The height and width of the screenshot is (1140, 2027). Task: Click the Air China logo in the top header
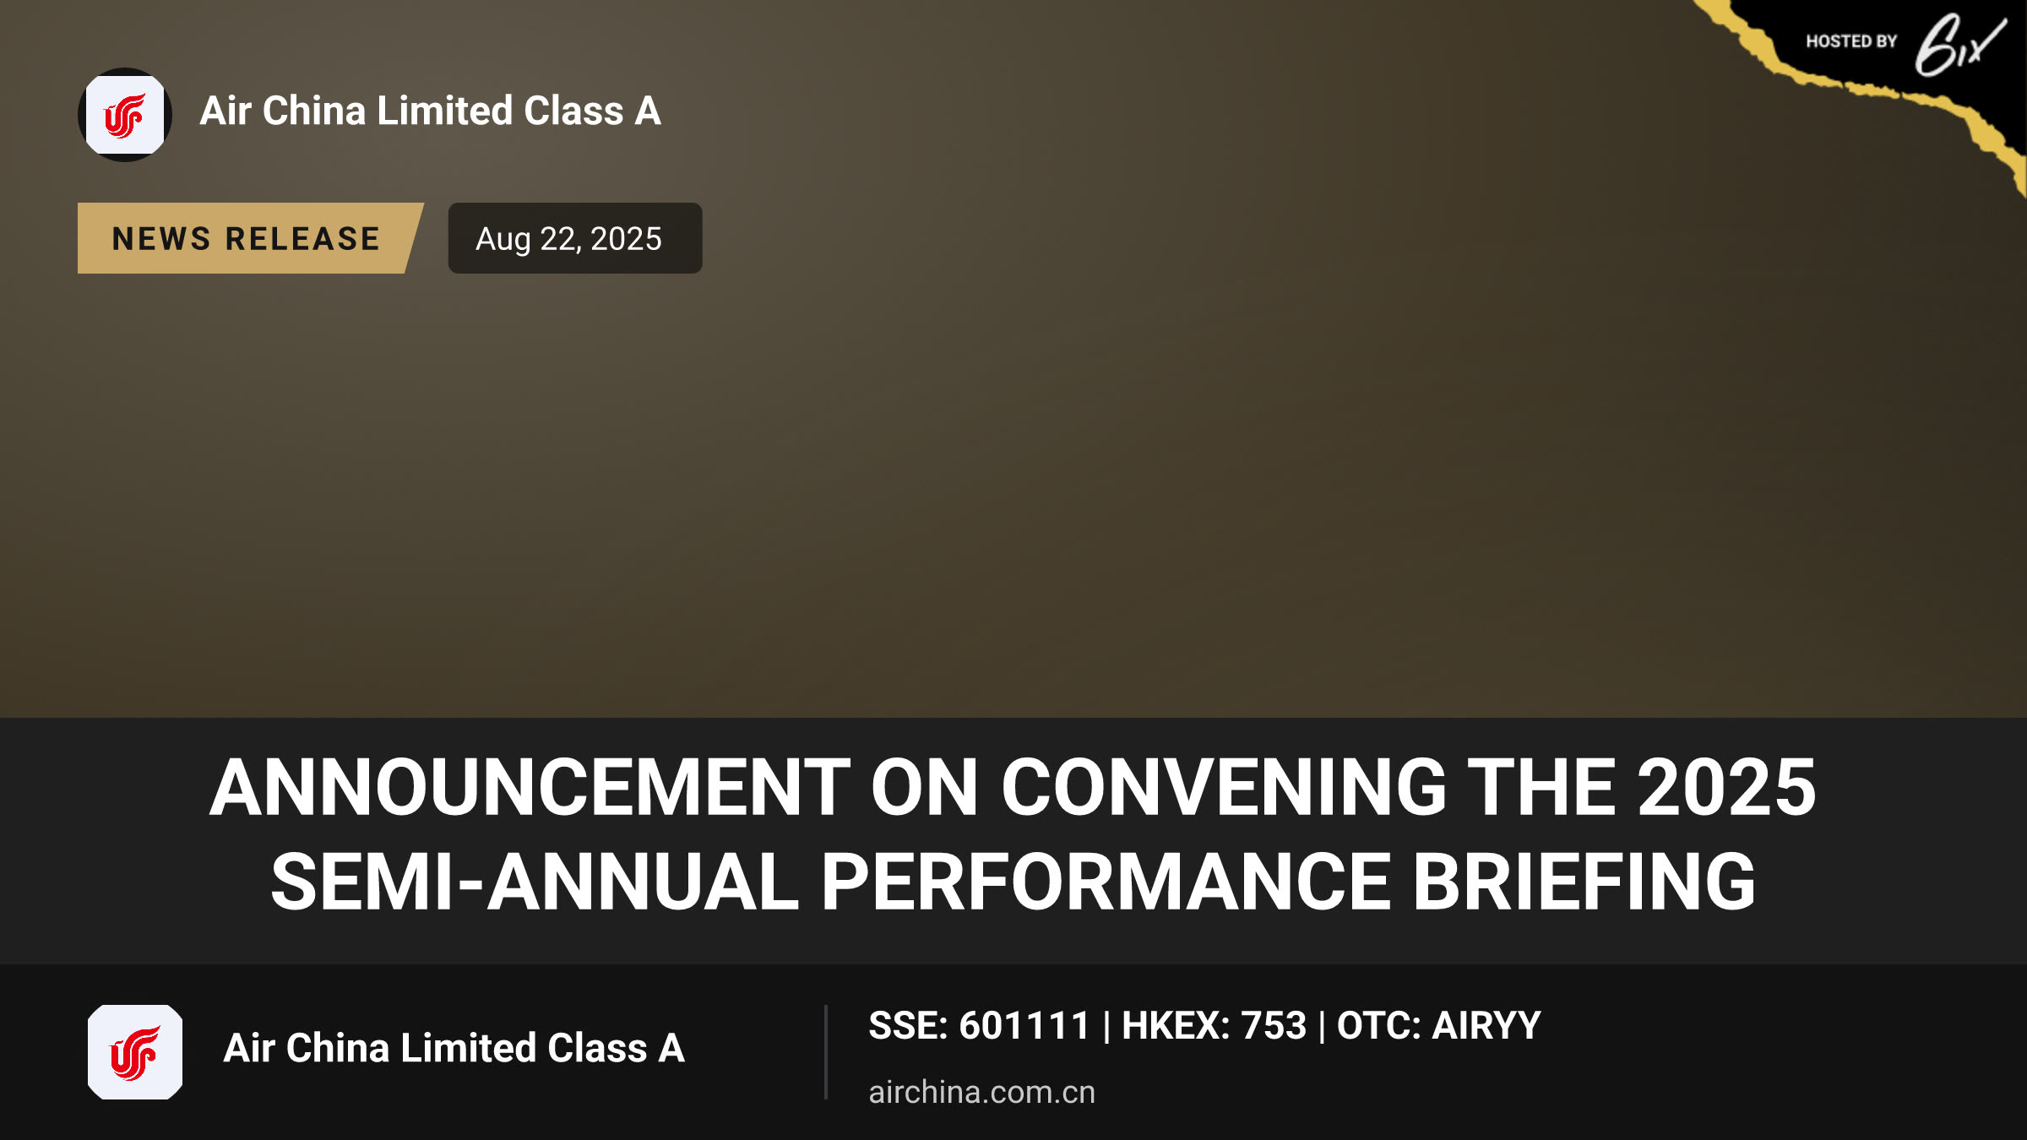tap(125, 115)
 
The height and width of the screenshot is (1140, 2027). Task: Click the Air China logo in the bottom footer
tap(135, 1052)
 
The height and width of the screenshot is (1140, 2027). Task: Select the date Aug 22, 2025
tap(568, 239)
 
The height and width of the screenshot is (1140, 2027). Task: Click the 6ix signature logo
tap(1959, 46)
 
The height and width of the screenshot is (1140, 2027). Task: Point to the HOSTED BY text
tap(1851, 41)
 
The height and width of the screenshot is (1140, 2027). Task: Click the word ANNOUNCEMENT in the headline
tap(530, 787)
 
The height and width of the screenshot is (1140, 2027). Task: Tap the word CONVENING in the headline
tap(1224, 787)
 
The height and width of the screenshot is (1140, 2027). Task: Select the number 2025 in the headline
tap(1727, 787)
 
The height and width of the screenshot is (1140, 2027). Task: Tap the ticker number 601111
tap(1024, 1026)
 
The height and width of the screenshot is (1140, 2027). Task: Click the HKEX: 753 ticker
tap(1214, 1026)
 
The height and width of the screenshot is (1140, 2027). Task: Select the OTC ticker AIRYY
tap(1486, 1026)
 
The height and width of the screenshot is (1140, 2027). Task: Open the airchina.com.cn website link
tap(982, 1092)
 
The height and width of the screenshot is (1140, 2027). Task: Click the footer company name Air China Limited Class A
tap(454, 1048)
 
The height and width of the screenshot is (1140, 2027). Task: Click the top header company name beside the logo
tap(431, 111)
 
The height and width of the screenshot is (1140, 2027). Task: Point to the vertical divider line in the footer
tap(826, 1052)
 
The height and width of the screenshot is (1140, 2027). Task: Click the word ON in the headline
tap(925, 787)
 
